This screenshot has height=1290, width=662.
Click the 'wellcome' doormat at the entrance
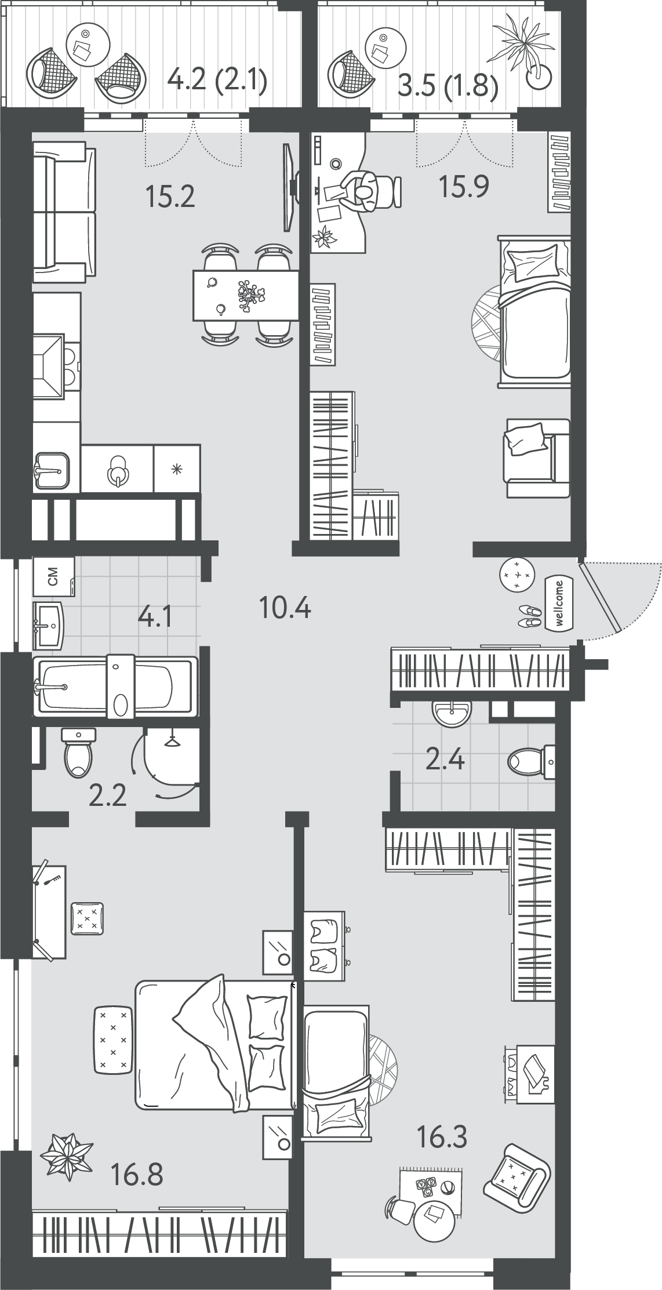559,604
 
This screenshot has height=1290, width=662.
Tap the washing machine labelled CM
54,576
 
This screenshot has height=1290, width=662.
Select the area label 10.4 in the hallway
285,608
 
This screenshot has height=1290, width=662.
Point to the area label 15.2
170,197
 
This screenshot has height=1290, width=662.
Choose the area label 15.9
464,187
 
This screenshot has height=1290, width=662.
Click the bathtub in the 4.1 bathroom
116,686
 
